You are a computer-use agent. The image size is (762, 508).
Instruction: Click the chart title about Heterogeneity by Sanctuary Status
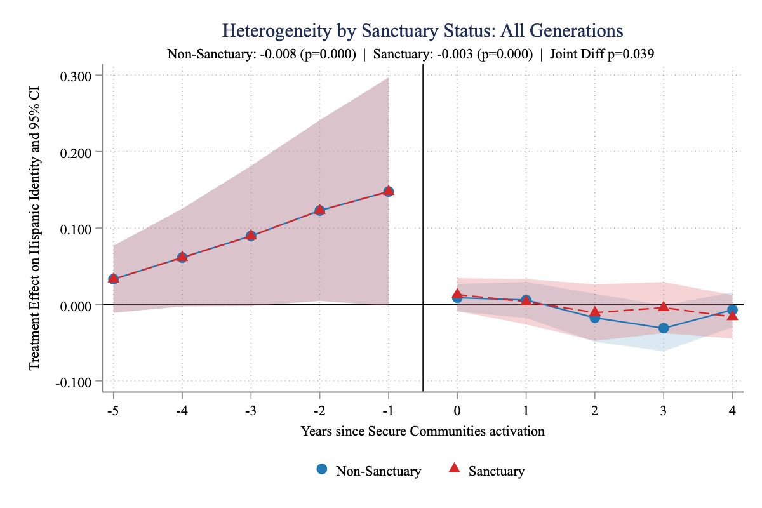click(423, 30)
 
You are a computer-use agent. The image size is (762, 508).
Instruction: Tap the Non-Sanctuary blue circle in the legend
click(322, 469)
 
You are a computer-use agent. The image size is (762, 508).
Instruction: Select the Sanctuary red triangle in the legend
click(454, 469)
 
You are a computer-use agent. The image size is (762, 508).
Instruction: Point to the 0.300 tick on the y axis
click(76, 76)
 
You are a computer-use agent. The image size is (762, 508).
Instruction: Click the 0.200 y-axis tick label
click(76, 152)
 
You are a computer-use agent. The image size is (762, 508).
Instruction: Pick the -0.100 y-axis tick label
click(74, 381)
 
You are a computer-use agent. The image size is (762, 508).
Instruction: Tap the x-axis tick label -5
click(112, 410)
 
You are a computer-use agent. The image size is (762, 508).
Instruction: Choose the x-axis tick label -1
click(387, 410)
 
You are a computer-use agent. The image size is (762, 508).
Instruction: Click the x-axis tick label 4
click(732, 410)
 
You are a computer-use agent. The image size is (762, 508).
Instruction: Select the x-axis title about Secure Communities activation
click(423, 431)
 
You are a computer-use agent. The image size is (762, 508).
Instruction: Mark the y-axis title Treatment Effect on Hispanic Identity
click(35, 228)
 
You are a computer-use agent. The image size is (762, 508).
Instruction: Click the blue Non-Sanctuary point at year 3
click(664, 328)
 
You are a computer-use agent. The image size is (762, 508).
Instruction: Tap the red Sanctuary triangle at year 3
click(664, 307)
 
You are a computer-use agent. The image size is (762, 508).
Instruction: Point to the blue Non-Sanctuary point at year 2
click(595, 317)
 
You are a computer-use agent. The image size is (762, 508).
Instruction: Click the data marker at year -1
click(388, 191)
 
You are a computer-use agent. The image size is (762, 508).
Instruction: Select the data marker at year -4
click(182, 257)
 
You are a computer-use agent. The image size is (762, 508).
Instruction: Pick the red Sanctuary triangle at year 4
click(732, 316)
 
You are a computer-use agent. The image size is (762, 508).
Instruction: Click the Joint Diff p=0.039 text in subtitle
click(602, 54)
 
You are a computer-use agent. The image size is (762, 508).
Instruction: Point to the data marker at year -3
click(251, 236)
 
